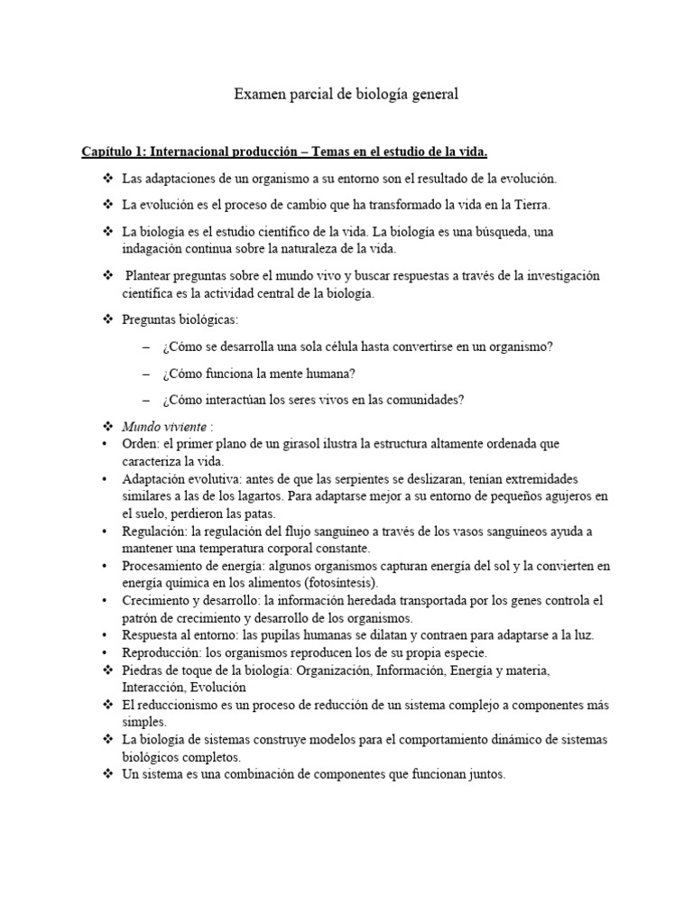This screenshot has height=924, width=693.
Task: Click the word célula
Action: point(356,347)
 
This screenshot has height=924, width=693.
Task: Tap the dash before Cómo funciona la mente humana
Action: point(147,374)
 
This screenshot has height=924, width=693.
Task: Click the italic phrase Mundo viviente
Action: point(163,427)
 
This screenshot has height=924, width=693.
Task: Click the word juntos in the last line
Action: point(484,775)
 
